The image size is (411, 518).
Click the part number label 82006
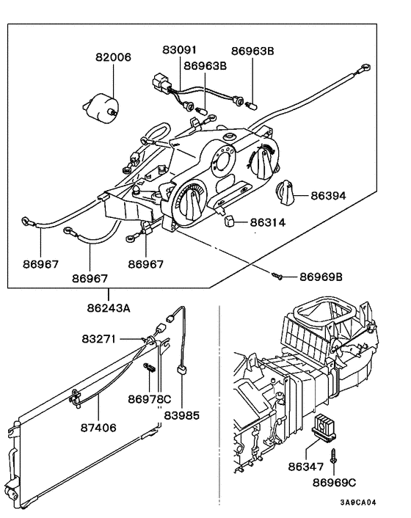(113, 56)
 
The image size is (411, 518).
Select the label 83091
(181, 51)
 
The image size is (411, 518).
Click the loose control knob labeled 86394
(283, 195)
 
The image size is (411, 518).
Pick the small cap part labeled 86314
(228, 220)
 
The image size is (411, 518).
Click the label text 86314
(269, 222)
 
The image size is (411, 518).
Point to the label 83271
(100, 340)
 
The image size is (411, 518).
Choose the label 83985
(181, 415)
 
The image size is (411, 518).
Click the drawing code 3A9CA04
(357, 503)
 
